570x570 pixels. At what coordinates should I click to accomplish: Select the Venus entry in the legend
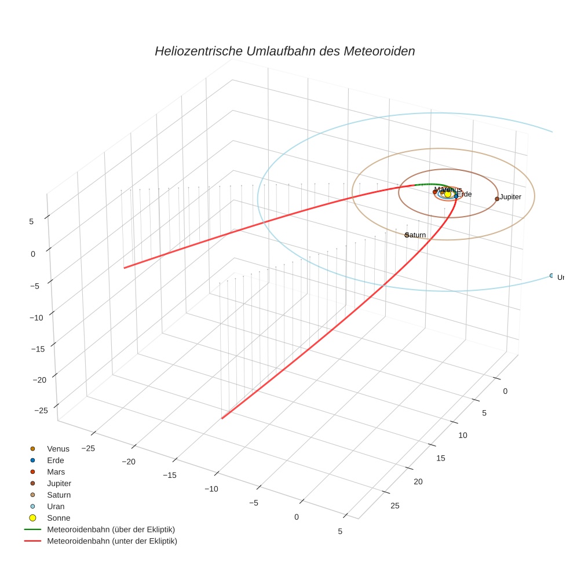click(58, 449)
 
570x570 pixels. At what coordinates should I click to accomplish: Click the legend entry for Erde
click(56, 461)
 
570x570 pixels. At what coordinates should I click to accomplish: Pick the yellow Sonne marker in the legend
click(33, 518)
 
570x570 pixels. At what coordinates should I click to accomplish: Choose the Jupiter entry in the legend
click(59, 483)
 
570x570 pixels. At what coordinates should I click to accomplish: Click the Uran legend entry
click(56, 506)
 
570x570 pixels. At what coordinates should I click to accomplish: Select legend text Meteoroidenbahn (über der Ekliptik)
click(111, 529)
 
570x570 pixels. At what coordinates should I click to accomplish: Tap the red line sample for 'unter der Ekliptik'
click(32, 541)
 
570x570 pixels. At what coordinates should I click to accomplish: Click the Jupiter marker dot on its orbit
click(497, 199)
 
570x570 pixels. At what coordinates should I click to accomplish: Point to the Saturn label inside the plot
click(416, 235)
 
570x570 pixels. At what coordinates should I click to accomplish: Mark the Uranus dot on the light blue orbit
click(551, 276)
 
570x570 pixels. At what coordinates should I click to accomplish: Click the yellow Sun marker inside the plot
click(448, 194)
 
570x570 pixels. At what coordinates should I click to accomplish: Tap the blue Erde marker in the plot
click(456, 196)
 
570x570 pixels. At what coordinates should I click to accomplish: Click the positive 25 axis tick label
click(395, 506)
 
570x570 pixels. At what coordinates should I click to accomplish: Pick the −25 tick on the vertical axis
click(41, 411)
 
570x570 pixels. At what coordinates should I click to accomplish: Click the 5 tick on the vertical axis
click(31, 221)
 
